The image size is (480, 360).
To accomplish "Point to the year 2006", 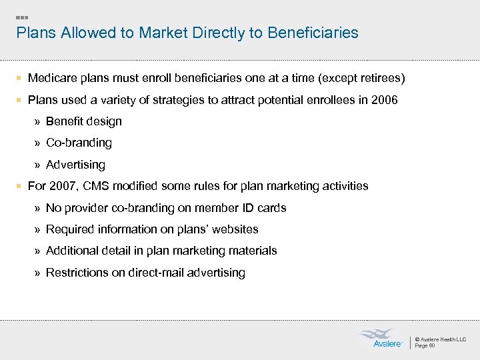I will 385,100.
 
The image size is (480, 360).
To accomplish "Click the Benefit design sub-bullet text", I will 83,121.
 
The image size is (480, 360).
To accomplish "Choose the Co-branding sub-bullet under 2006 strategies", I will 79,143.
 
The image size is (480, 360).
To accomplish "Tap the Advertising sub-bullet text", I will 75,165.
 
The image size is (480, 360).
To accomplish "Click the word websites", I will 235,229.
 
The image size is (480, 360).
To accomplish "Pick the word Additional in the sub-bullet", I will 71,251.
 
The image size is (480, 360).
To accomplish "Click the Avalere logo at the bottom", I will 381,338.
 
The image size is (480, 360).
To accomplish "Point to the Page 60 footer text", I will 425,346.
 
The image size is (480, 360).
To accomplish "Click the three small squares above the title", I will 22,17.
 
